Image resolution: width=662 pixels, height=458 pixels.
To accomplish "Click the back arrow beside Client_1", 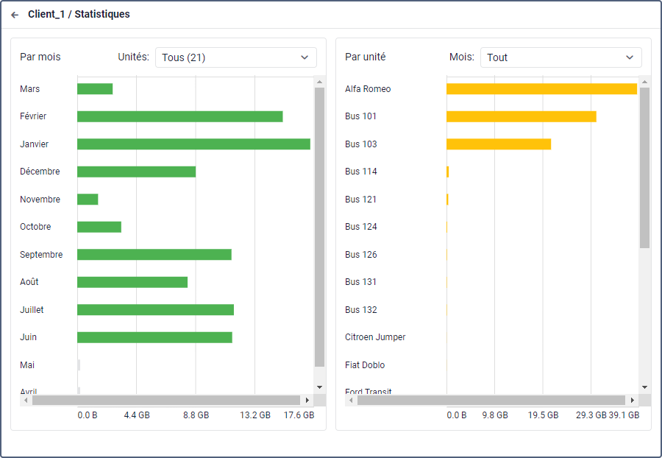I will [x=15, y=15].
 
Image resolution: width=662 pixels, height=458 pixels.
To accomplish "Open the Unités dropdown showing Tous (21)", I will [x=235, y=57].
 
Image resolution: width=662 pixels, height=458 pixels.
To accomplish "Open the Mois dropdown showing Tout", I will [x=560, y=57].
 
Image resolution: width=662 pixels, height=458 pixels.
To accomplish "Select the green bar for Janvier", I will [x=193, y=144].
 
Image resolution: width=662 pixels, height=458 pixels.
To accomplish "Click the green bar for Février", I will [x=179, y=116].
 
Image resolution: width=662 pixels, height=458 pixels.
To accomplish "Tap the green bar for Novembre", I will [x=88, y=200].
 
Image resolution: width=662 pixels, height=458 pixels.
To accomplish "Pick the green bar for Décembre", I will [x=136, y=172].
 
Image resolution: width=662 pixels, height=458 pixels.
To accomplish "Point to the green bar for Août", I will [x=132, y=282].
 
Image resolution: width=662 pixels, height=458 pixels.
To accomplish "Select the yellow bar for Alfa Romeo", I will [x=541, y=89].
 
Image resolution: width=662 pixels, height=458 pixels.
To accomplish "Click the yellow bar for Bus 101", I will [x=521, y=116].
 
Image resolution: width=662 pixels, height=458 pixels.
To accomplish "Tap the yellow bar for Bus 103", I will [x=499, y=144].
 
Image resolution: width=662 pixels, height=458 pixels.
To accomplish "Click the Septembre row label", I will [x=41, y=255].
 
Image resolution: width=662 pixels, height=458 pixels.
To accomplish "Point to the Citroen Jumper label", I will [x=375, y=337].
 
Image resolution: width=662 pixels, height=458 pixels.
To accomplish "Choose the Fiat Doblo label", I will [x=365, y=365].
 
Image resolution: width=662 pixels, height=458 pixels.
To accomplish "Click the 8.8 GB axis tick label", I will [x=196, y=415].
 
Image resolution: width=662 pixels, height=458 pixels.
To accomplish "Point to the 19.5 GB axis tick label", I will [x=544, y=415].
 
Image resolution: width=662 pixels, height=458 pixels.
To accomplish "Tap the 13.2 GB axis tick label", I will [x=255, y=415].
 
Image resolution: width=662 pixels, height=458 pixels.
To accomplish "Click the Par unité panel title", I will [x=366, y=57].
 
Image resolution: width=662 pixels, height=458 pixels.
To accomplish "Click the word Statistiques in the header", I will [x=102, y=15].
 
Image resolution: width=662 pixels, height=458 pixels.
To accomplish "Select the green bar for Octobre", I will [x=99, y=227].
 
